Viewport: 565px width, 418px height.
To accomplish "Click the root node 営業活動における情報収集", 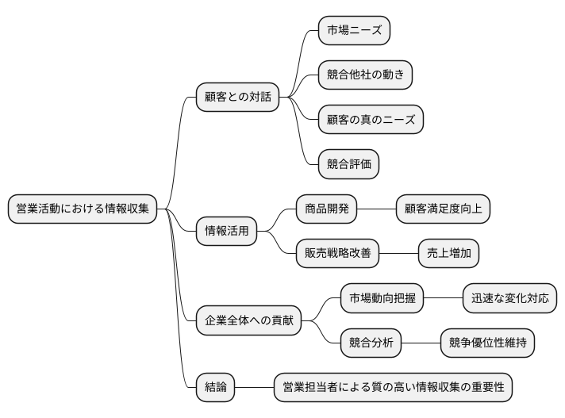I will click(83, 209).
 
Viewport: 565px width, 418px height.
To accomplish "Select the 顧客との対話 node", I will click(237, 98).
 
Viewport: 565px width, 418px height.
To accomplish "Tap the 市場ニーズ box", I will click(354, 31).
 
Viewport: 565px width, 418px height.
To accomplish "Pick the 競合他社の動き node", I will click(365, 75).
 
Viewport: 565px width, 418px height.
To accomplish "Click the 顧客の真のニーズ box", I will click(370, 121).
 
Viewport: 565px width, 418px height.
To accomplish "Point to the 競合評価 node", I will click(348, 165).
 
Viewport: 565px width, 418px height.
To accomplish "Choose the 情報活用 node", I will click(226, 232).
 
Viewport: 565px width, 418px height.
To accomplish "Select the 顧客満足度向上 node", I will click(444, 209).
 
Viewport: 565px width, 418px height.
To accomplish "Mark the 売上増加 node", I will click(449, 254).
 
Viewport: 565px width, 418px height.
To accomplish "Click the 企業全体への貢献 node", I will click(248, 321).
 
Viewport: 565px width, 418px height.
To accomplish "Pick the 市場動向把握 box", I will click(382, 299).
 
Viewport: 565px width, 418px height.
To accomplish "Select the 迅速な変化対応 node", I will click(509, 299).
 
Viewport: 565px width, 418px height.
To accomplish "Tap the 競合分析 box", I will click(371, 343).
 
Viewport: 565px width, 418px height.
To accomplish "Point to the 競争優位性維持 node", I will click(487, 343).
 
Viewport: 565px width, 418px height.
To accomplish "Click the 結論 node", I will click(215, 388).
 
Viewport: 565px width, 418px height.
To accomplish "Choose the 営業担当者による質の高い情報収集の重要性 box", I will click(393, 388).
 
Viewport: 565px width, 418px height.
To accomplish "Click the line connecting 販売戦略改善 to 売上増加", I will click(398, 254).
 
